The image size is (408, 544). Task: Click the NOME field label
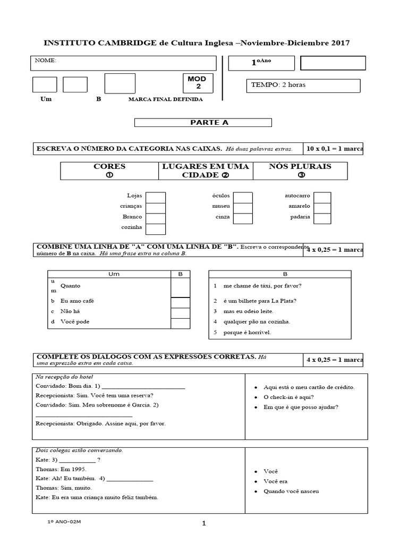point(46,61)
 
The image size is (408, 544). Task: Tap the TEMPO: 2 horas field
point(303,85)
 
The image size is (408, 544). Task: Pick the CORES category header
point(109,171)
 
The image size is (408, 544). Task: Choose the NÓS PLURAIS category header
point(301,171)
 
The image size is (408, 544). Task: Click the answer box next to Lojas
point(156,197)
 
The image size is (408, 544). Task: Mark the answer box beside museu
point(243,207)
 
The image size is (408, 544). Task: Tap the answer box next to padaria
point(322,218)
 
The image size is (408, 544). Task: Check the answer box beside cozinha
point(156,229)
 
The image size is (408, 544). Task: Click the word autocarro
point(297,196)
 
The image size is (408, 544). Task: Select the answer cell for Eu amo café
point(180,302)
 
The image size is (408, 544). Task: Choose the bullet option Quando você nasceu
point(291,491)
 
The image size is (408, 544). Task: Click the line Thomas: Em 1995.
point(61,469)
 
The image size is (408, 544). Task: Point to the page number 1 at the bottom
point(203,523)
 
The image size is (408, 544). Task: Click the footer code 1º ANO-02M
point(64,522)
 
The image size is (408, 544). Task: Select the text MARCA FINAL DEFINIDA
point(165,99)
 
